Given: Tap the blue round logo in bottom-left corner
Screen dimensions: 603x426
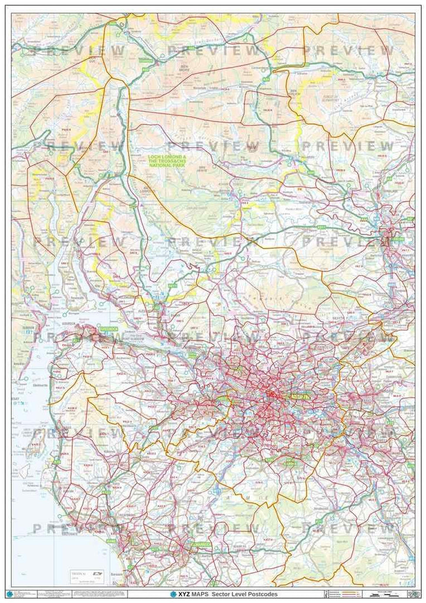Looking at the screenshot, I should click(9, 592).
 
